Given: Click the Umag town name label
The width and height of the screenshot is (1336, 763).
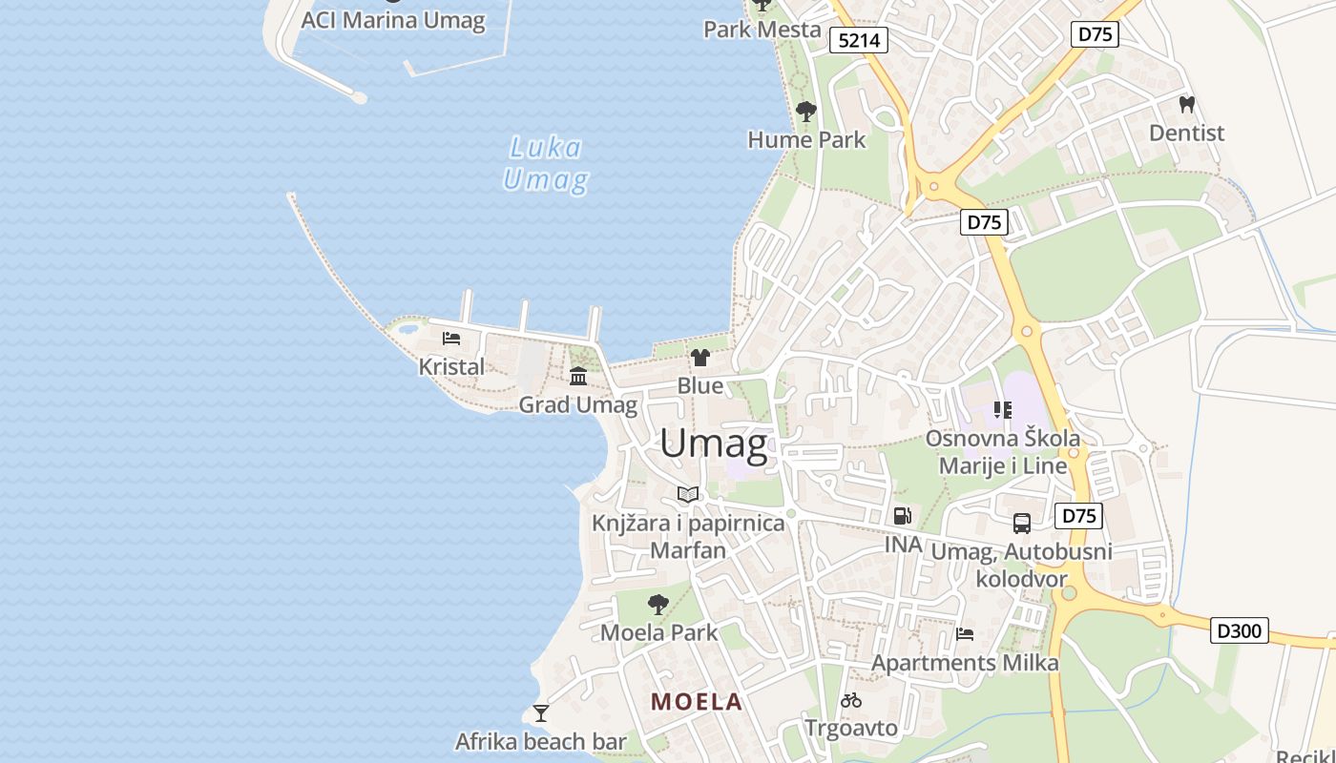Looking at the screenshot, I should click(714, 444).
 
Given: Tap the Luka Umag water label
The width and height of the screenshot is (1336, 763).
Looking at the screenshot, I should click(545, 164).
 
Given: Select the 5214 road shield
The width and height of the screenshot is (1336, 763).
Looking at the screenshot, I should click(859, 40).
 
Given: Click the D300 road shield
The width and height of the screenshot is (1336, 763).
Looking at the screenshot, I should click(1240, 630).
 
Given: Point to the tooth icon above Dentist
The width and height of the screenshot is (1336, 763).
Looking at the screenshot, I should click(1187, 105).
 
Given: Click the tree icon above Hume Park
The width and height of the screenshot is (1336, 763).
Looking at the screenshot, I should click(806, 112).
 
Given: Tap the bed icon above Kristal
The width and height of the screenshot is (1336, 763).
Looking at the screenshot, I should click(451, 339).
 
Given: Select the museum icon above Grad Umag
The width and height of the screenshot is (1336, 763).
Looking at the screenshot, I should click(578, 377).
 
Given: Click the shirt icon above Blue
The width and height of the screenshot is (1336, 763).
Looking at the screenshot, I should click(700, 358).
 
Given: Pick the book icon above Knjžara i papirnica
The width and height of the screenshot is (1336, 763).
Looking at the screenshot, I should click(688, 494).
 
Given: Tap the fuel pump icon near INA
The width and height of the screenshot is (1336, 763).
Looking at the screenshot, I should click(902, 517).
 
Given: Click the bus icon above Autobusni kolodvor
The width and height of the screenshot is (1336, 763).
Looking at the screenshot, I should click(1022, 524).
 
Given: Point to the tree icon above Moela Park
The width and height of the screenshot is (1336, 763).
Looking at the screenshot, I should click(658, 604).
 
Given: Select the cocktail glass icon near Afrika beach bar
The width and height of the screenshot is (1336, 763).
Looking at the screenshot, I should click(541, 713).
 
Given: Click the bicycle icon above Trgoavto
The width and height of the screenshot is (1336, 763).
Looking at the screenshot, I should click(851, 700).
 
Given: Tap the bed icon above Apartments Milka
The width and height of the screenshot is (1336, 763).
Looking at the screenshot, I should click(965, 634).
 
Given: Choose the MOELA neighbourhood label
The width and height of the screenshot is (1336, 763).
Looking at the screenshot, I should click(697, 702).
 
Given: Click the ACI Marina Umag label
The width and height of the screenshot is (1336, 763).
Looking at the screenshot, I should click(393, 20).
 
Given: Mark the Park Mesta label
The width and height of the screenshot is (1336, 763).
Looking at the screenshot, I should click(762, 30).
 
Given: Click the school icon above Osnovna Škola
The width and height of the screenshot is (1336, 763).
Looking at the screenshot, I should click(1003, 410).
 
